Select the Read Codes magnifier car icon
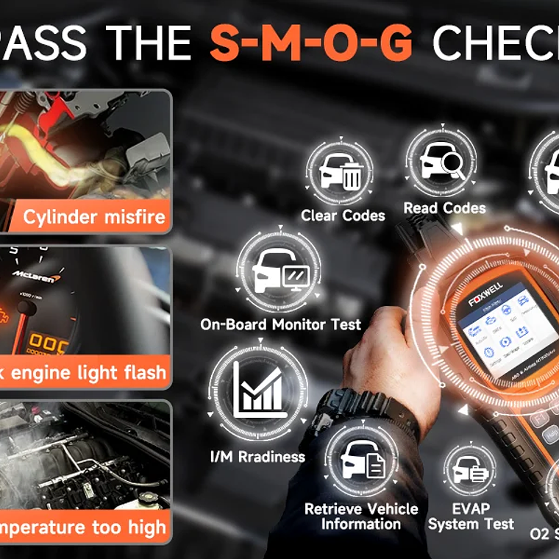441,163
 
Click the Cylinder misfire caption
94,217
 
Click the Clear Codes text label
343,216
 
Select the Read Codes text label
444,208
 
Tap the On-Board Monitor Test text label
281,324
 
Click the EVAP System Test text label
471,516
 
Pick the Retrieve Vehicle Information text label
361,516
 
